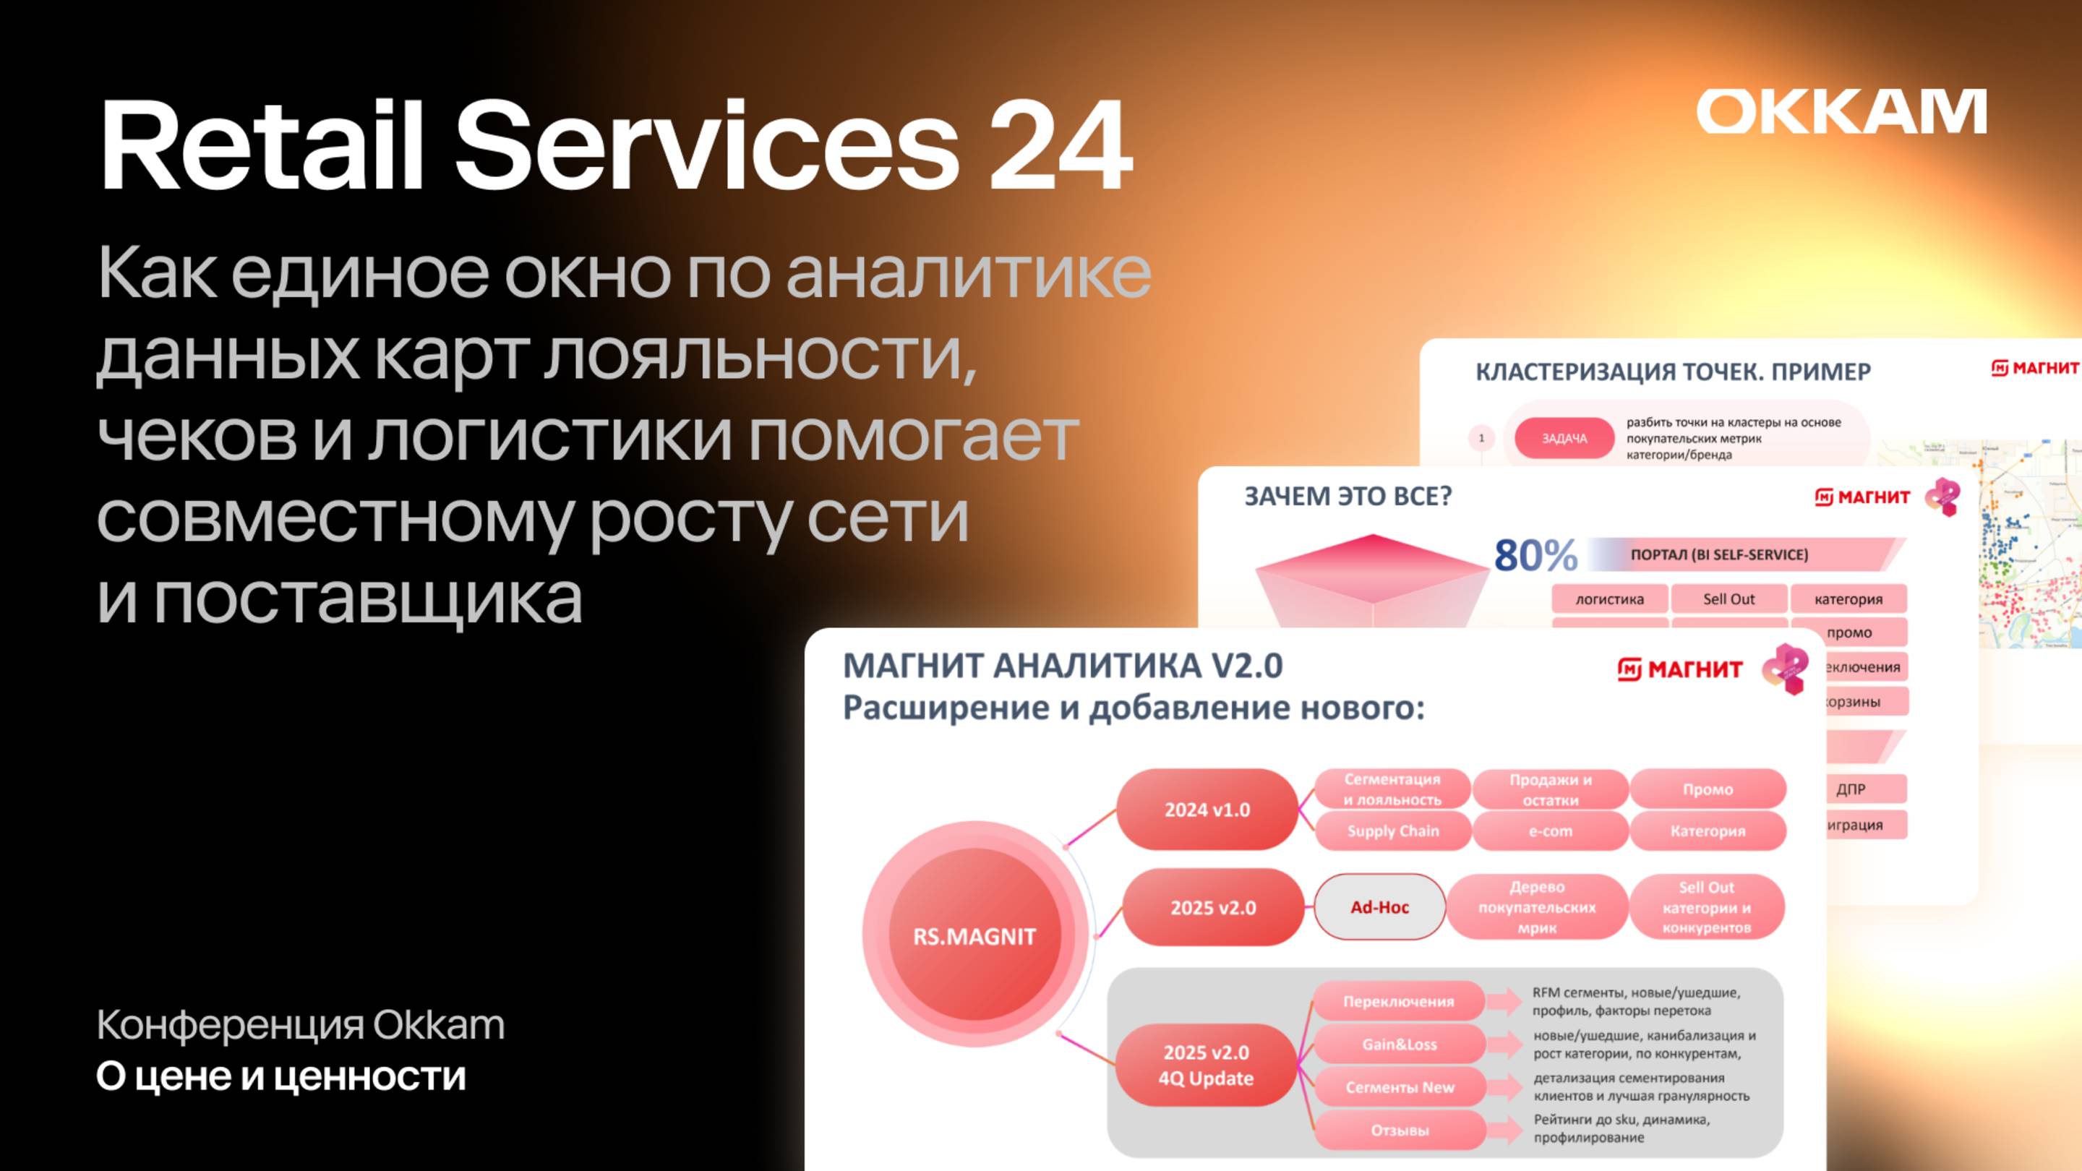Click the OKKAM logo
(x=1841, y=111)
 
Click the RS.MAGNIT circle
(x=974, y=936)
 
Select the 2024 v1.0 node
(x=1207, y=810)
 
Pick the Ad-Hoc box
(x=1379, y=906)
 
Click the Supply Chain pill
(x=1392, y=831)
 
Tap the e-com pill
(x=1549, y=831)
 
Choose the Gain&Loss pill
(x=1399, y=1044)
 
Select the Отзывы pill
(x=1399, y=1130)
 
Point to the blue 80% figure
(x=1535, y=556)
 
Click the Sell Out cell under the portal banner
(x=1728, y=599)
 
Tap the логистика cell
(x=1609, y=599)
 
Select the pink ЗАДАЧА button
(x=1564, y=438)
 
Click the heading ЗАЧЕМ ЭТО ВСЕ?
(x=1348, y=496)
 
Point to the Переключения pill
(x=1398, y=1001)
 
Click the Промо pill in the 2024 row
(x=1707, y=789)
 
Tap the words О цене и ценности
(x=280, y=1076)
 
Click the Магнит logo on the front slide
(x=1679, y=669)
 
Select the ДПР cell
(x=1850, y=789)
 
